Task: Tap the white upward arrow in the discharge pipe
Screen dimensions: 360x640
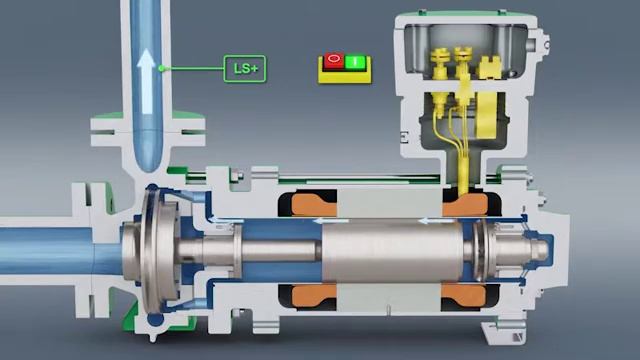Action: point(146,69)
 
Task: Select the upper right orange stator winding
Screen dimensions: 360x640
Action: point(463,203)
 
